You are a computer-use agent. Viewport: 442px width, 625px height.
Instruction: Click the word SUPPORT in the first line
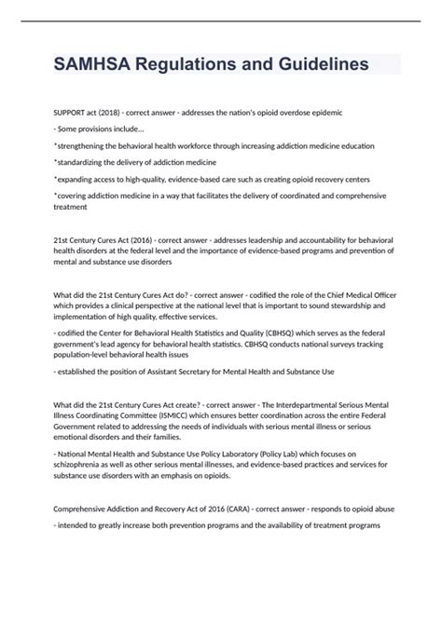tap(72, 112)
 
